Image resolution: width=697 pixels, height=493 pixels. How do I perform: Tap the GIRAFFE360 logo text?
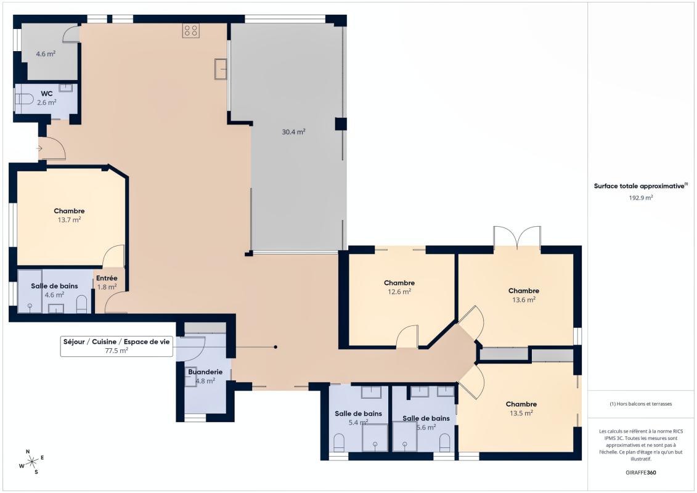click(641, 472)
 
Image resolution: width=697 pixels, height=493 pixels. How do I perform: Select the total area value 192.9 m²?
click(641, 198)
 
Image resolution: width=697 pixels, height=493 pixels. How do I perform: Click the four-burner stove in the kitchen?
click(190, 31)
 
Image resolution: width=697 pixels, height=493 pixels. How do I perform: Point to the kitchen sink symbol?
click(221, 68)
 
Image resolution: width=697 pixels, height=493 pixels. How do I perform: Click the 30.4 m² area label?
click(294, 131)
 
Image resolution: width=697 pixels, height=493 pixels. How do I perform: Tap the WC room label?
click(47, 94)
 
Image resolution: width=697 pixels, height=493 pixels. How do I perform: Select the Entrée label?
click(107, 278)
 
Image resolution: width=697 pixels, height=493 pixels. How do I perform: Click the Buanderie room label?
click(205, 372)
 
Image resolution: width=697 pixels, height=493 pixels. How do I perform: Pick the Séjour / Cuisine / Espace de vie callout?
click(116, 346)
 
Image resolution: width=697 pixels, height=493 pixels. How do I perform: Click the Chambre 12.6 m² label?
click(399, 287)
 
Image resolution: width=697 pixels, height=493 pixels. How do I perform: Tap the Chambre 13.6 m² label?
click(523, 295)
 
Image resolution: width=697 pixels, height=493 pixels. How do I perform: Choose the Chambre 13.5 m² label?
click(521, 409)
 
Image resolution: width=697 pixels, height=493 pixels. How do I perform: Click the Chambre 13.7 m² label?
click(69, 215)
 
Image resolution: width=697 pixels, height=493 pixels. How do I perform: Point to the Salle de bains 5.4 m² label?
click(358, 418)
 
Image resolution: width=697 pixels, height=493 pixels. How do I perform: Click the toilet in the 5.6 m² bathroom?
click(444, 441)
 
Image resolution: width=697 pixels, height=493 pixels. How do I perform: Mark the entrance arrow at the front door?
click(40, 148)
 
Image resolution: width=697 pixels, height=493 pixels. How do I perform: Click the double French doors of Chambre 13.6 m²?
click(517, 238)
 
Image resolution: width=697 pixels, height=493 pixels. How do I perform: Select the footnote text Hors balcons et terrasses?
click(641, 404)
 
